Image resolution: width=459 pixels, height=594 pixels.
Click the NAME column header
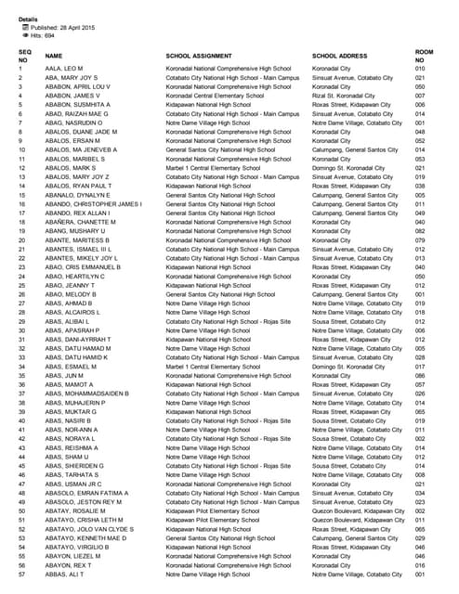point(54,56)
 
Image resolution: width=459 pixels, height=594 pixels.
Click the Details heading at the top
point(28,19)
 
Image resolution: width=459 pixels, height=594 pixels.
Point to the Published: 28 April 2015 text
point(61,27)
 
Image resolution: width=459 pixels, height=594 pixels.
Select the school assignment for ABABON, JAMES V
point(215,96)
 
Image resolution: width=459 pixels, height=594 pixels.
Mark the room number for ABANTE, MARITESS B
point(420,240)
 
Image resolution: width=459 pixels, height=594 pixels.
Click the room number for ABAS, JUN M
point(420,375)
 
